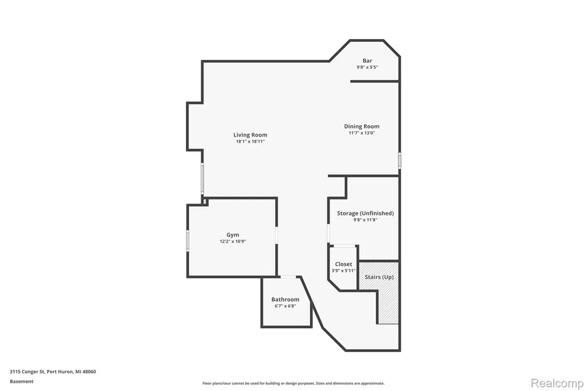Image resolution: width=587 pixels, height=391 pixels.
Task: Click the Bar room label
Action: tap(367, 61)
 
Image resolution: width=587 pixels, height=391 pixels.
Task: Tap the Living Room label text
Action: tap(251, 135)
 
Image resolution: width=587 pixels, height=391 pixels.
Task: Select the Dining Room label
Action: tap(362, 127)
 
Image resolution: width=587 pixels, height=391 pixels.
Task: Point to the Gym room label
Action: tap(233, 235)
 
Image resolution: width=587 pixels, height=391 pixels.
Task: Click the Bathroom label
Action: tap(285, 299)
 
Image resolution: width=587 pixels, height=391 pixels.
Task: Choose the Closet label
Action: tap(344, 264)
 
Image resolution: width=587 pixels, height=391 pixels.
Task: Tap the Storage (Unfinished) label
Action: tap(365, 213)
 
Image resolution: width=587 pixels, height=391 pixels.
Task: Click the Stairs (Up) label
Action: tap(379, 277)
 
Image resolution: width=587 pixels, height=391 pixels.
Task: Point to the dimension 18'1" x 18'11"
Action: tap(251, 142)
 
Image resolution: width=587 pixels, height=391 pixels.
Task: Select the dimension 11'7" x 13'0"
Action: tap(362, 133)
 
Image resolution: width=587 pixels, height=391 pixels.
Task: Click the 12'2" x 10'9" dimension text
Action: tap(233, 241)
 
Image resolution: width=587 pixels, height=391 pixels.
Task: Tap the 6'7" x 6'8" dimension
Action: tap(285, 306)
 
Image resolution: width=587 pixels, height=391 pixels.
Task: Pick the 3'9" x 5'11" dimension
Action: tap(344, 271)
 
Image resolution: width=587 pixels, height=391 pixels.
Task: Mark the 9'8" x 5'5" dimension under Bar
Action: tap(367, 68)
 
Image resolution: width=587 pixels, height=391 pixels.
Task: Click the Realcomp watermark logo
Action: tap(557, 384)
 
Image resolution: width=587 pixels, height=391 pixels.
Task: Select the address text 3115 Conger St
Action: tap(27, 372)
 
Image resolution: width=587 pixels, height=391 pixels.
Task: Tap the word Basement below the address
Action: tap(21, 381)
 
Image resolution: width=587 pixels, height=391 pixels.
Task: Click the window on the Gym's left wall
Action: tap(187, 240)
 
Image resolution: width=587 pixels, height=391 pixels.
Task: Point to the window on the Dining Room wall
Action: tap(400, 161)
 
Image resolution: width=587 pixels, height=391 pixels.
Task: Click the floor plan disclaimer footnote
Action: tap(293, 383)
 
